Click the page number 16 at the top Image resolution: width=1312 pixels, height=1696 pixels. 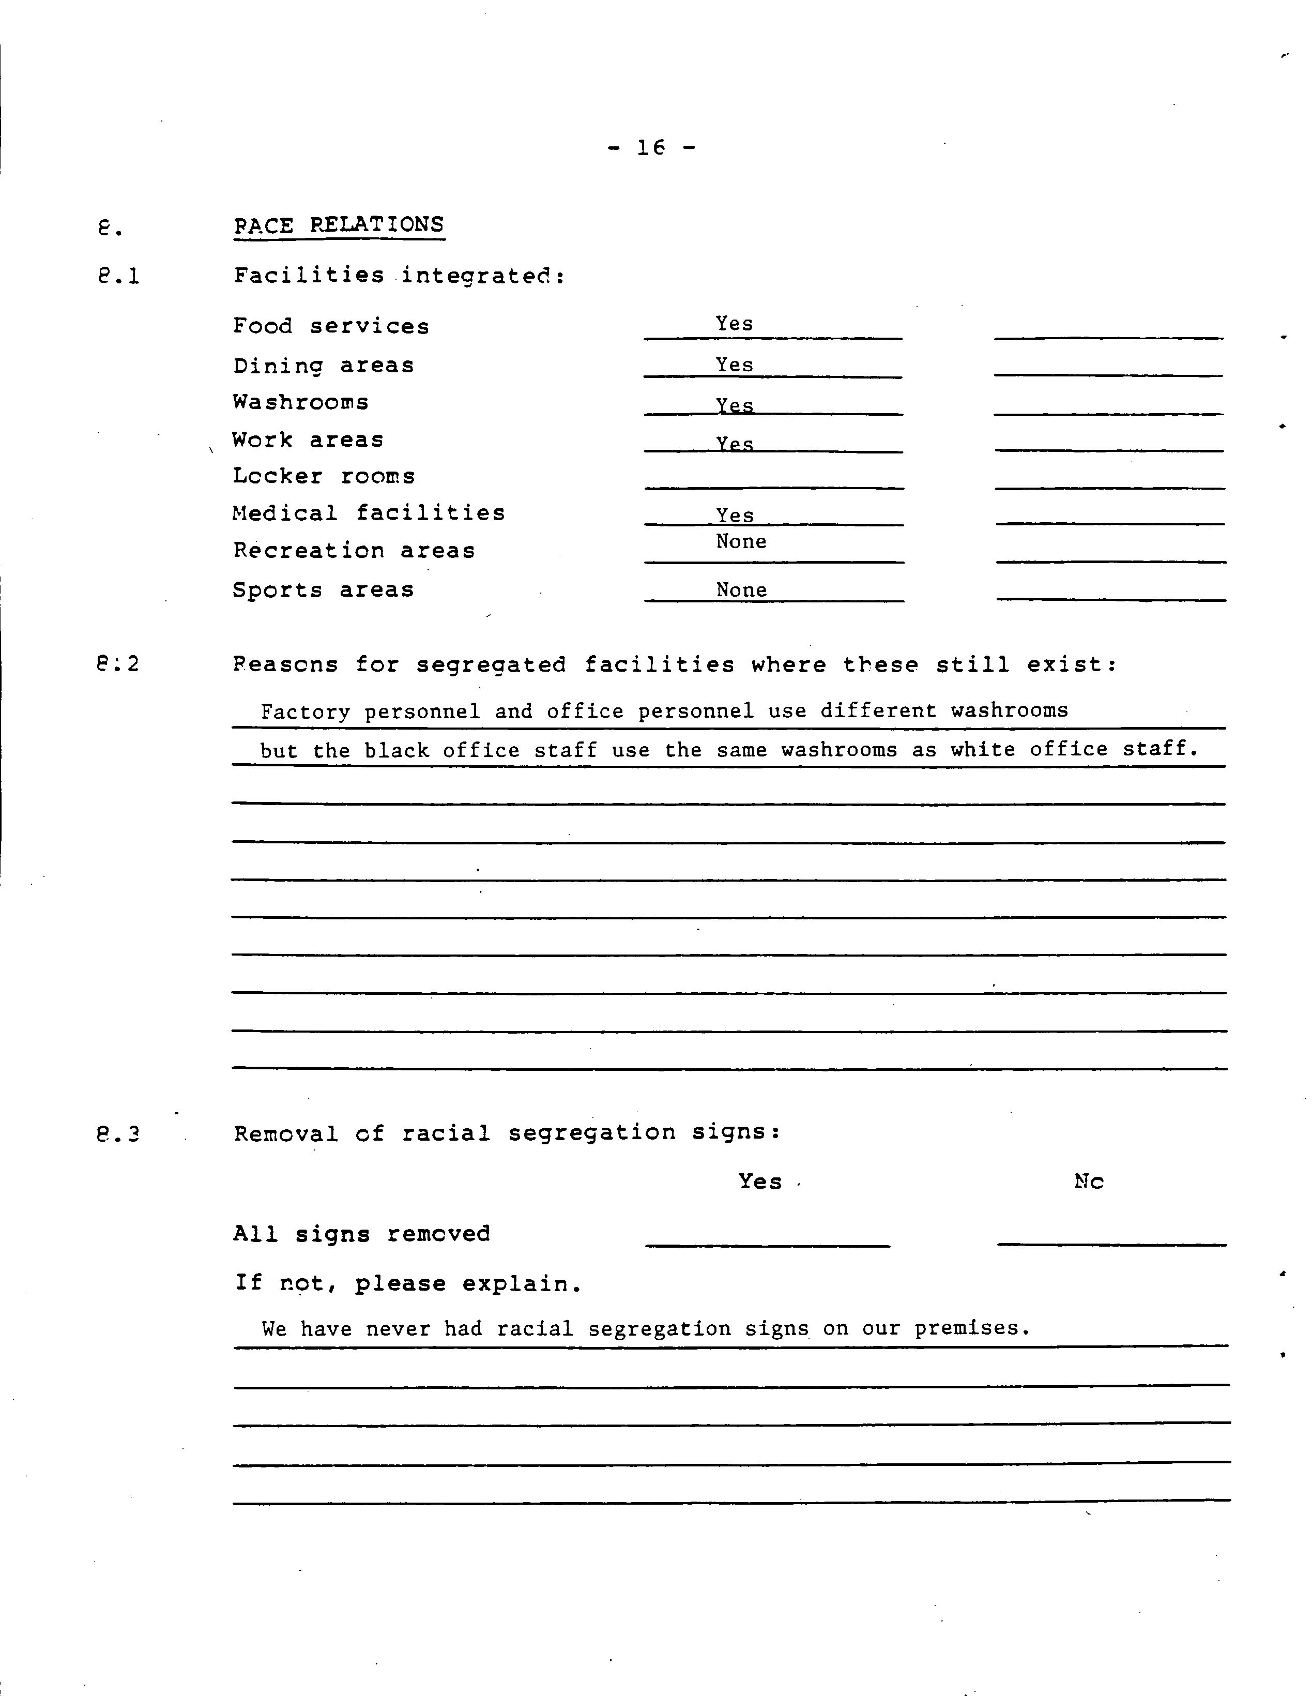[650, 147]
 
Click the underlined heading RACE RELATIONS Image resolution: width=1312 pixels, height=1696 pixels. [339, 225]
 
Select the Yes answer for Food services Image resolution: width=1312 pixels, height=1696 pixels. [734, 324]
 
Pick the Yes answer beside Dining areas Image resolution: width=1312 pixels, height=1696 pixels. [734, 365]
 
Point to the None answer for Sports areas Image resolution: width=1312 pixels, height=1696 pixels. [741, 590]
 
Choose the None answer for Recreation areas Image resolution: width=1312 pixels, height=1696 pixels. [741, 541]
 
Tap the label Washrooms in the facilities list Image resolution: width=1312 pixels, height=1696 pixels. [300, 402]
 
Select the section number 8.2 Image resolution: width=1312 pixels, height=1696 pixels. [119, 664]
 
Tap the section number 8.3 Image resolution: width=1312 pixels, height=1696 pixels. [119, 1134]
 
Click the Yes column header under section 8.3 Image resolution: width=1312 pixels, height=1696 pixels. [759, 1181]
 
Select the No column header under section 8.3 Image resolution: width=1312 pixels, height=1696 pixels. [1088, 1181]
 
